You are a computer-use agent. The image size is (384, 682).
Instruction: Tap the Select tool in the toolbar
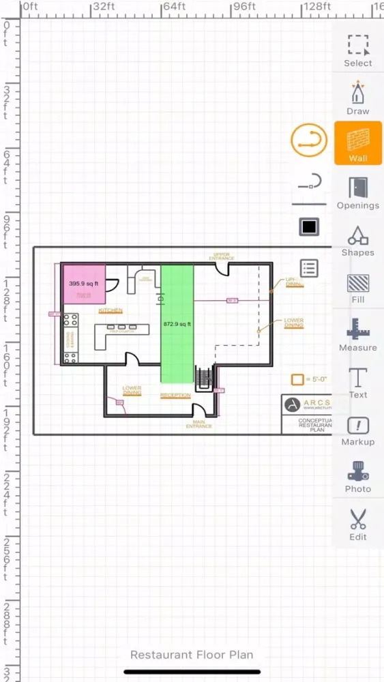[357, 51]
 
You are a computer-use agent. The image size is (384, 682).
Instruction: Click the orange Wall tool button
[357, 143]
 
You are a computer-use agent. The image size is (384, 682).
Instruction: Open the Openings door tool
[357, 192]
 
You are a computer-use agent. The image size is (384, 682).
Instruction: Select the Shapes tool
[357, 240]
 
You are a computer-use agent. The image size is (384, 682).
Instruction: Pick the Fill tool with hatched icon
[357, 288]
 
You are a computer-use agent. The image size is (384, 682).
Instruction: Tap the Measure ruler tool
[357, 335]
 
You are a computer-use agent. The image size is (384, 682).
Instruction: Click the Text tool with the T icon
[357, 382]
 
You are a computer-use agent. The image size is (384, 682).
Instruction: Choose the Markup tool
[357, 430]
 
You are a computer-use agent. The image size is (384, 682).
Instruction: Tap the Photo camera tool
[357, 477]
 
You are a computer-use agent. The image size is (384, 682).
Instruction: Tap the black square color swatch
[309, 226]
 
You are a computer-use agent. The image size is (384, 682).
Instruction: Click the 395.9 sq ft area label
[83, 283]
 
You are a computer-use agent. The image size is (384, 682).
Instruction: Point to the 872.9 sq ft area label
[177, 324]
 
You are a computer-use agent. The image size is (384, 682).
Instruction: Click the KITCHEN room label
[110, 310]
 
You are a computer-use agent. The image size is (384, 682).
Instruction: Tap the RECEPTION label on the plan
[175, 396]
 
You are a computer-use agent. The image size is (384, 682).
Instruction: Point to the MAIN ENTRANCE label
[199, 424]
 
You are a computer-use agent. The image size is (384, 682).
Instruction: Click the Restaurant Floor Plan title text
[192, 655]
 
